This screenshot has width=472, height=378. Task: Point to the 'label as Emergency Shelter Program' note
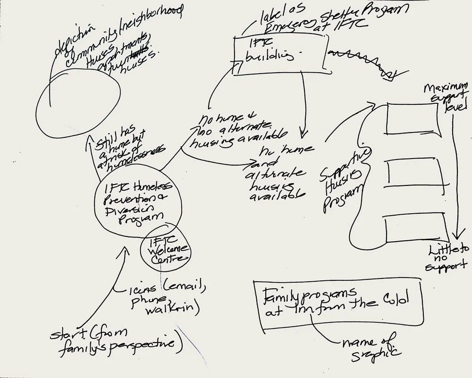point(302,19)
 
